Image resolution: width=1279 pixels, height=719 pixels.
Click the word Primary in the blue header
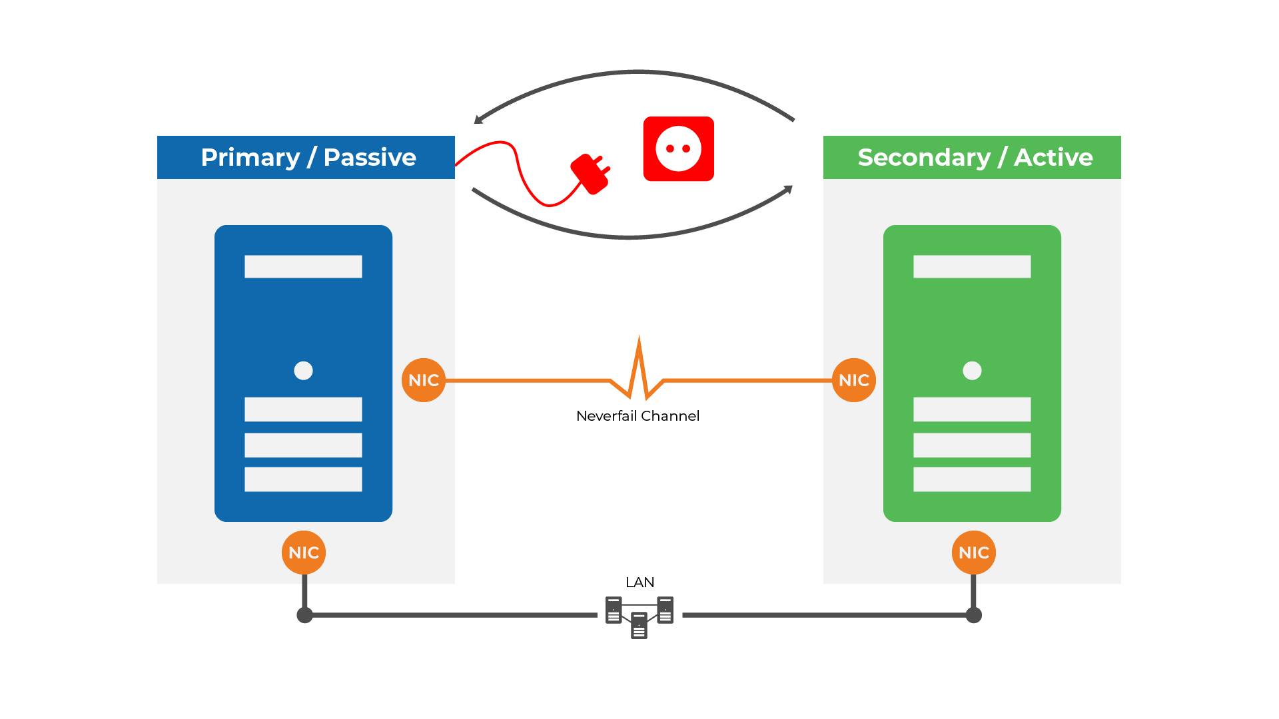tap(250, 158)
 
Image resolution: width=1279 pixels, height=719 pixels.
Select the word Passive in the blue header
tap(370, 158)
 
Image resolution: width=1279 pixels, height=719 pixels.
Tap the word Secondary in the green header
tap(924, 158)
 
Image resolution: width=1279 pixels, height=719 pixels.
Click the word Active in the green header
tap(1053, 158)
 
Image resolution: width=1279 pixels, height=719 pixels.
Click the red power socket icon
tap(678, 148)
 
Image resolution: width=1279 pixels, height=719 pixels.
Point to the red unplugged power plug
tap(590, 174)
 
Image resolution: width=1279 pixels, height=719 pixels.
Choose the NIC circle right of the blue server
tap(424, 380)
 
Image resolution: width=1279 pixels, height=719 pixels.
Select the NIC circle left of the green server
tap(854, 380)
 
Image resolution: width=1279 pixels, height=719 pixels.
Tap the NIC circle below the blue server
tap(304, 553)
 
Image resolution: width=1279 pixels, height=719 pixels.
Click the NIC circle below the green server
tap(974, 553)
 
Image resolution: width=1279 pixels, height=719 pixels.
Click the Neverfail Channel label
tap(638, 416)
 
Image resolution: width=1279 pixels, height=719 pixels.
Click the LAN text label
tap(639, 583)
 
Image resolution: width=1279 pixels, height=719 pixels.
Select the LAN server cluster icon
tap(639, 616)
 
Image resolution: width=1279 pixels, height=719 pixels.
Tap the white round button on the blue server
tap(303, 370)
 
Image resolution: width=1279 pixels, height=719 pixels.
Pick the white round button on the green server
tap(972, 370)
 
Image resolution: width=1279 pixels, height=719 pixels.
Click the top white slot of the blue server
tap(303, 266)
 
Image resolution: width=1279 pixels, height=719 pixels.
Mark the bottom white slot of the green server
tap(972, 479)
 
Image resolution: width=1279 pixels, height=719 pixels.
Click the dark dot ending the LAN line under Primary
tap(304, 615)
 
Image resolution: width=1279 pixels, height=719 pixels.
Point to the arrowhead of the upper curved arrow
tap(478, 120)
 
